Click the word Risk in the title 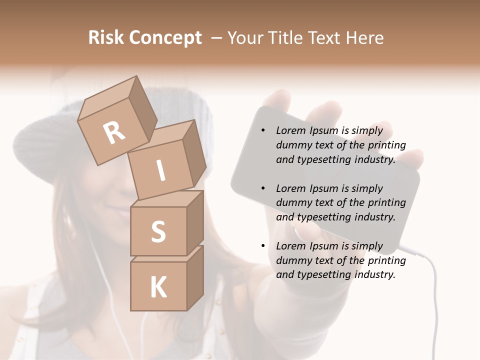click(x=105, y=38)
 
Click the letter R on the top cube click(x=114, y=133)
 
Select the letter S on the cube click(x=158, y=231)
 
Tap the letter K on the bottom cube click(x=158, y=287)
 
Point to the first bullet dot click(x=263, y=131)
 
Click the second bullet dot click(x=263, y=189)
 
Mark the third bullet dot click(x=263, y=246)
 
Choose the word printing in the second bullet click(x=386, y=203)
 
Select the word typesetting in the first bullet click(x=322, y=160)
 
